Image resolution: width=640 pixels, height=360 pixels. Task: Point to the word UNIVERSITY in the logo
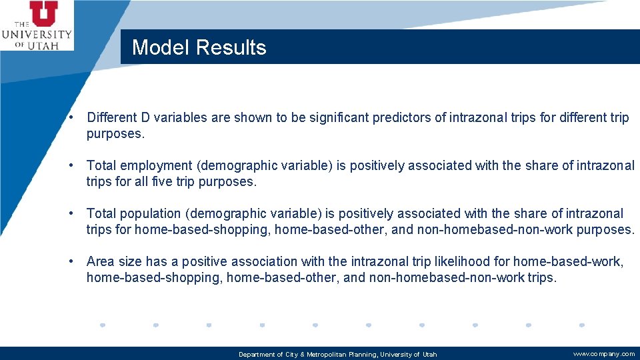coord(37,35)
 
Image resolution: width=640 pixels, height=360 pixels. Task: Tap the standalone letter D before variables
coord(145,118)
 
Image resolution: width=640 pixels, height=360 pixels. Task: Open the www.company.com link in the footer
coord(604,354)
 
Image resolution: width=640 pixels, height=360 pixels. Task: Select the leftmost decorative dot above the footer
coord(102,325)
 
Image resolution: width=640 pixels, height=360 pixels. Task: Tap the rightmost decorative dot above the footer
coord(582,325)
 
